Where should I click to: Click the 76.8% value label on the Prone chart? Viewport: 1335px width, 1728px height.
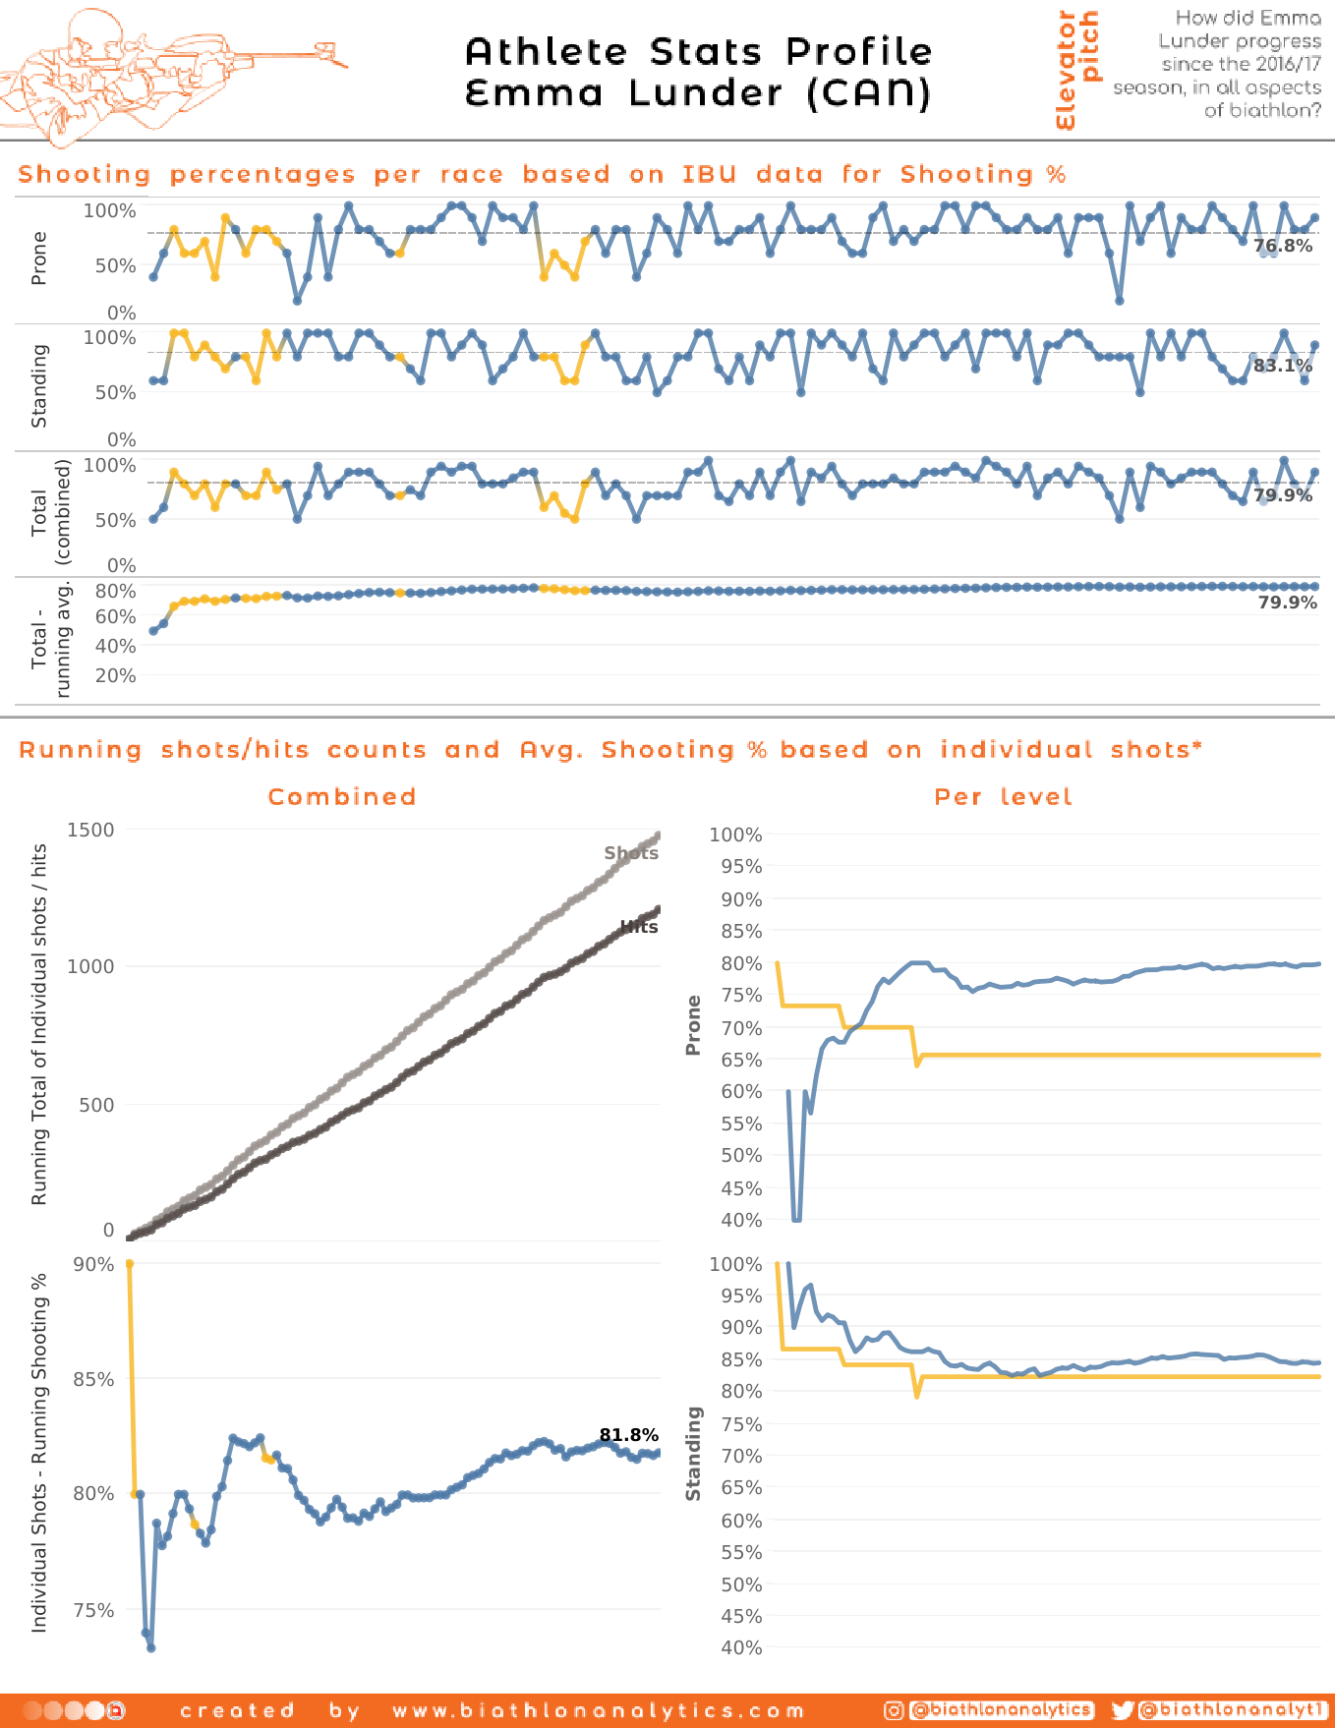coord(1283,246)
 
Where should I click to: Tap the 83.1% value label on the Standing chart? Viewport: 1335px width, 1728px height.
coord(1283,366)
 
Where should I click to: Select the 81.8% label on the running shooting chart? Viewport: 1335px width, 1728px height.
coord(629,1435)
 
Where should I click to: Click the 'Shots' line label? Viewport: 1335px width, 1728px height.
coord(631,853)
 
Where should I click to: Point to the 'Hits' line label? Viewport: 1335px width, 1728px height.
coord(639,927)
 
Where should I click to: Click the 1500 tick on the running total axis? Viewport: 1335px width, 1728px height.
coord(90,830)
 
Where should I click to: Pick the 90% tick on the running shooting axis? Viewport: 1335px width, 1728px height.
coord(94,1264)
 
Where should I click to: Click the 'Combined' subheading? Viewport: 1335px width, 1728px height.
coord(342,797)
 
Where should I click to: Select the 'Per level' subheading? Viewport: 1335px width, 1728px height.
coord(1003,797)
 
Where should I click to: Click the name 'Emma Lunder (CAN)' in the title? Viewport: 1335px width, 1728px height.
coord(698,93)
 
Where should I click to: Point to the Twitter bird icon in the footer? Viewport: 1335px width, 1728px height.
coord(1122,1710)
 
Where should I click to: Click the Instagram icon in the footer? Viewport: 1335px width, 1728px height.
coord(894,1710)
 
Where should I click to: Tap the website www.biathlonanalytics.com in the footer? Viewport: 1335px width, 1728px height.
coord(599,1711)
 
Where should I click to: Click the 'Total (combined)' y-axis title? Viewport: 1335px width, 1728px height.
coord(50,512)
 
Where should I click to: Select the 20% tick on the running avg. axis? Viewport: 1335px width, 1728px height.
coord(115,676)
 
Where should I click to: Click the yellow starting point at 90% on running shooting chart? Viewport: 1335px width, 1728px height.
coord(130,1264)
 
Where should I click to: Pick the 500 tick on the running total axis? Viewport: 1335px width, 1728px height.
coord(96,1105)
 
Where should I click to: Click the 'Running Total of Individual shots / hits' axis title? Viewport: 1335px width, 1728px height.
coord(39,1024)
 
